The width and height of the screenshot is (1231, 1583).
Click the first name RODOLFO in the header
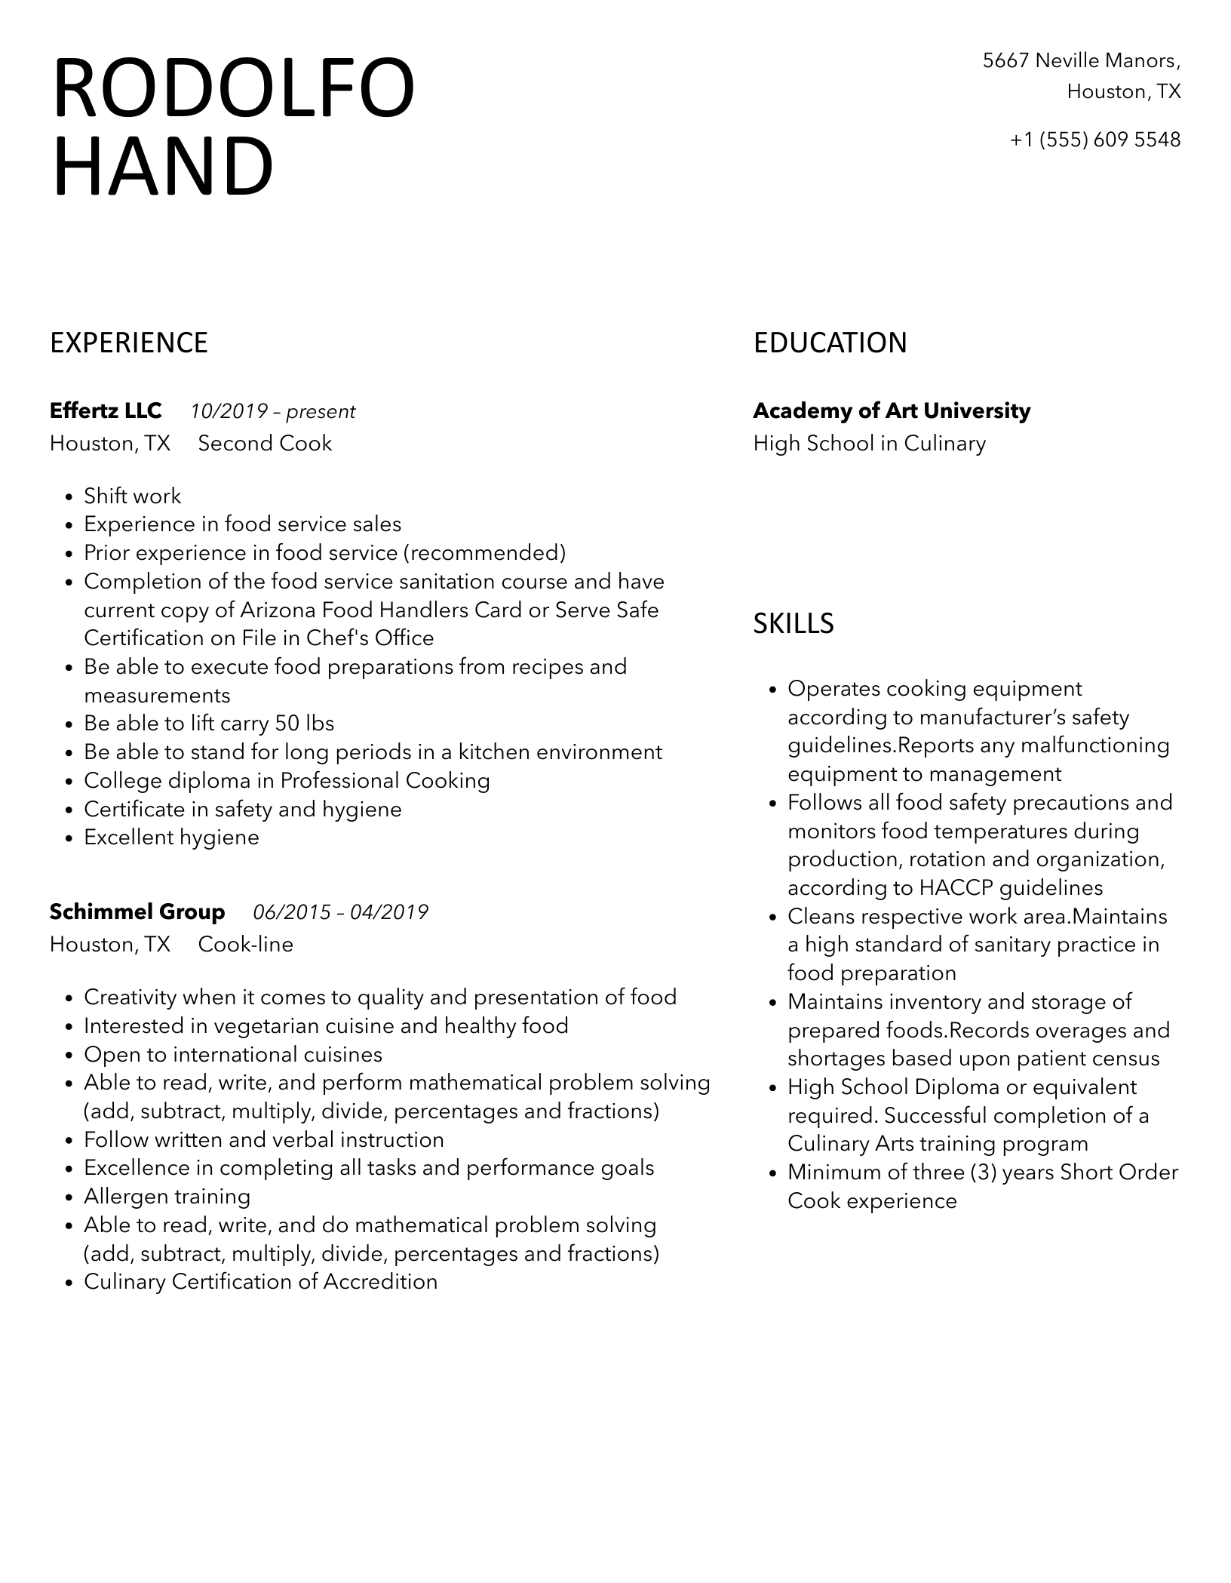tap(234, 88)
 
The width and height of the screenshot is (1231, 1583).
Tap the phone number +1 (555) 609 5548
tap(1094, 140)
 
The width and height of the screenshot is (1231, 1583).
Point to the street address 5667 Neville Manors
tap(1081, 60)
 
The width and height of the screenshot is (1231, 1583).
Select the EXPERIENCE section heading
tap(129, 343)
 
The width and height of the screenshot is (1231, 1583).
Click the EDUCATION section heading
tap(830, 343)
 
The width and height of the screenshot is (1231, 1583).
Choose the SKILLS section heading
tap(794, 623)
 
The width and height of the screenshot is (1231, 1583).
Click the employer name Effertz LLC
tap(106, 410)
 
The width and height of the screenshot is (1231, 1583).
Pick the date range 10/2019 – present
tap(272, 411)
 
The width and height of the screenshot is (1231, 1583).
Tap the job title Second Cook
tap(265, 443)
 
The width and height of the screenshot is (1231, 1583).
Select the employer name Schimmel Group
tap(137, 911)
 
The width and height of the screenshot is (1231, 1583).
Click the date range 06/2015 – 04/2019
tap(340, 912)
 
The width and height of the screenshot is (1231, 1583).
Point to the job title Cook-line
tap(245, 944)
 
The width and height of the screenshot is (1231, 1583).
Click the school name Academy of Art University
tap(892, 410)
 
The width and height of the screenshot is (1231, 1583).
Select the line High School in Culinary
tap(869, 443)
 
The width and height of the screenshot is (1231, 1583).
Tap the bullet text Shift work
tap(133, 496)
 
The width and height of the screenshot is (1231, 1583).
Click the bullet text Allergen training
tap(167, 1196)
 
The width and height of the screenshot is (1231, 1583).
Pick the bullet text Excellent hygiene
tap(171, 837)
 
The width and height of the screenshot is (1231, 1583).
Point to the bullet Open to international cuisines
tap(233, 1054)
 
